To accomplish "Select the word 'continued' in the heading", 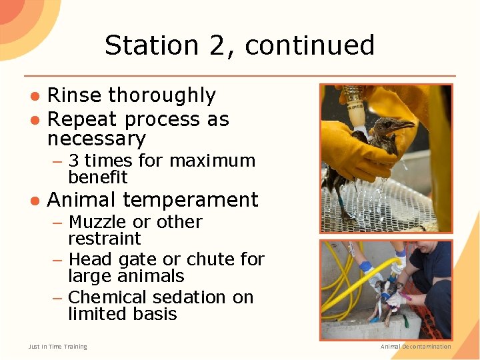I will [x=309, y=45].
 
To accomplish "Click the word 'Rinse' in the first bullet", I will [x=73, y=95].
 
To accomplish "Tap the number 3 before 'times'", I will [x=74, y=161].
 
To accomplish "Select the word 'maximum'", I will [x=213, y=161].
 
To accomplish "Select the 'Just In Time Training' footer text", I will [x=57, y=347].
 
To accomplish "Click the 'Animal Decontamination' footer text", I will [x=415, y=347].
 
